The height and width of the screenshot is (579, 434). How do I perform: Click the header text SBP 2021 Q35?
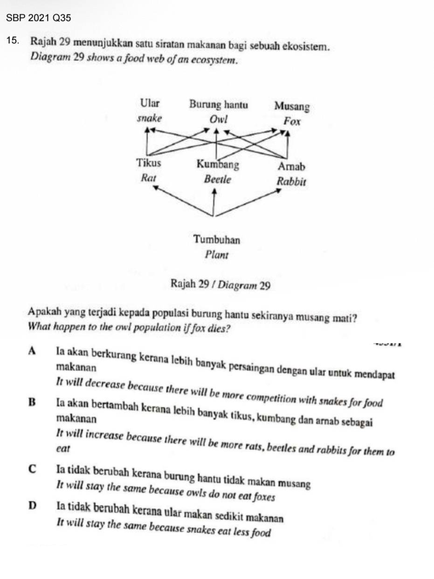[x=39, y=18]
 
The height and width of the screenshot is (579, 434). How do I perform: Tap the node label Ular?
[x=149, y=103]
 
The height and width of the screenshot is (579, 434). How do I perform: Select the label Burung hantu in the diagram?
[x=218, y=104]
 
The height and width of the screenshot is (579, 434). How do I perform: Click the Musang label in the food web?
[x=292, y=106]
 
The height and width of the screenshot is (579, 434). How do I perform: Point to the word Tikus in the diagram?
[x=149, y=163]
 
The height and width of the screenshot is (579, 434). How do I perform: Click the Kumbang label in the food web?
[x=218, y=164]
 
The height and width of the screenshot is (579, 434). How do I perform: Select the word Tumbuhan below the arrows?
[x=217, y=239]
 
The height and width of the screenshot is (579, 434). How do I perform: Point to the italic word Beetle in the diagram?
[x=217, y=179]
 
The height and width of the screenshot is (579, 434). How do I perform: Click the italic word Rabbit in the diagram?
[x=291, y=181]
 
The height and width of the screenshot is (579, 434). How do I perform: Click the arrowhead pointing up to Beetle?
[x=214, y=194]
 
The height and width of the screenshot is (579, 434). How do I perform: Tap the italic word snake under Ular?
[x=149, y=118]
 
